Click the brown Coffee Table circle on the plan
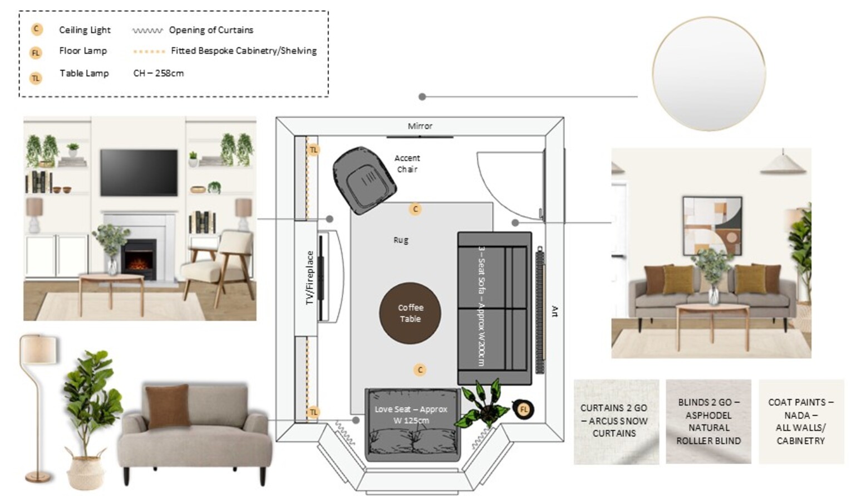[410, 313]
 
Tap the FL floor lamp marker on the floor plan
[524, 409]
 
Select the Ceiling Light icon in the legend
[37, 29]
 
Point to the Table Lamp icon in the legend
[36, 79]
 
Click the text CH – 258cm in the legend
[159, 73]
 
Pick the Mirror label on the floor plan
[420, 126]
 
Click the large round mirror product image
[709, 74]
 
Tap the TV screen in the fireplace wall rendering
[139, 172]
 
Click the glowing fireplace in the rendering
[139, 260]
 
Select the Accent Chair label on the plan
[407, 163]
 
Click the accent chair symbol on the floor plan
[364, 181]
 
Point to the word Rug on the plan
[401, 240]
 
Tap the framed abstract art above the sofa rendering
[712, 226]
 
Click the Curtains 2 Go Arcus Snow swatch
[616, 422]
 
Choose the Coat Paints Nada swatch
[801, 422]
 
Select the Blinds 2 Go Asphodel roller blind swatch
[708, 422]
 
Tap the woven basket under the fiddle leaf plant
[86, 470]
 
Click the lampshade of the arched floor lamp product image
[38, 349]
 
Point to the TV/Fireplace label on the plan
[309, 278]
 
